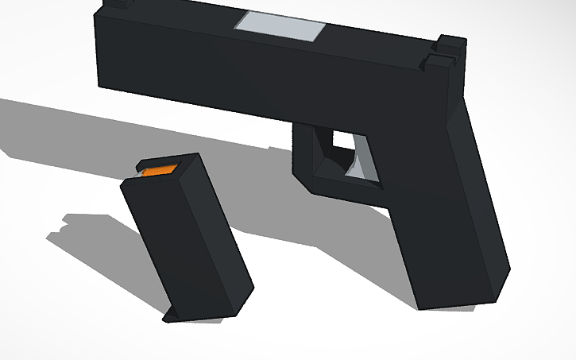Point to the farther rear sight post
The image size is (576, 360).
[x=451, y=43]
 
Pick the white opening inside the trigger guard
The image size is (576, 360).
[x=342, y=141]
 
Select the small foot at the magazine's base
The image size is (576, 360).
[x=172, y=317]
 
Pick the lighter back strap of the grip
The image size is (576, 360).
[x=481, y=199]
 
